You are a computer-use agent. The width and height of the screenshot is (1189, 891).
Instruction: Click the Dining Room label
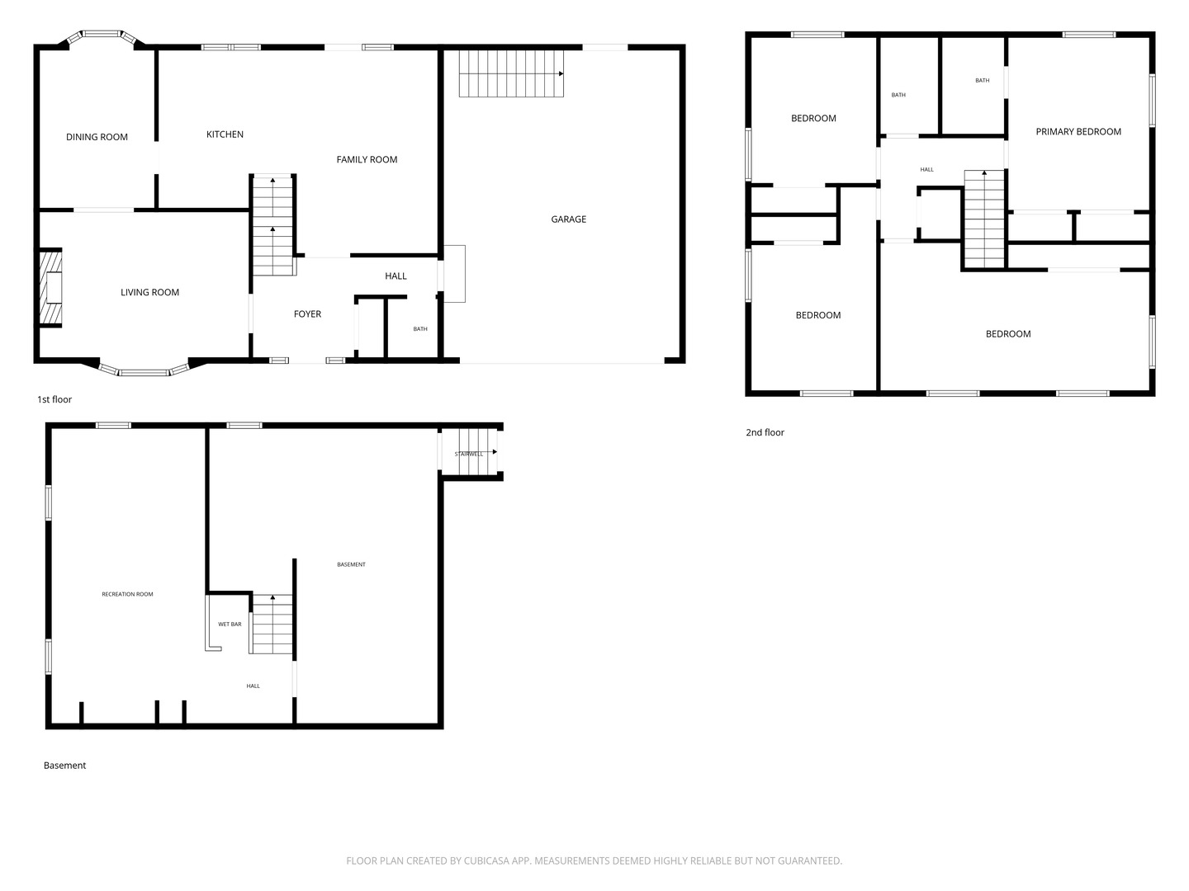[x=97, y=137]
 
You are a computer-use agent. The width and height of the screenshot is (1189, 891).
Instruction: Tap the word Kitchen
[x=225, y=134]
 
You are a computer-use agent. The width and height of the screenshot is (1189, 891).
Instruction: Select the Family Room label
[x=367, y=159]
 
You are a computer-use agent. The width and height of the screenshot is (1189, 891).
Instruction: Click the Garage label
[x=568, y=219]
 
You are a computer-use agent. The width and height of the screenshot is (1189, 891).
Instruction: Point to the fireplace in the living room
[x=51, y=289]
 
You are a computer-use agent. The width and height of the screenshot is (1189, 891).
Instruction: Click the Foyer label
[x=307, y=314]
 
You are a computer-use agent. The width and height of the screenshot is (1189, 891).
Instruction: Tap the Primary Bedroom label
[x=1078, y=132]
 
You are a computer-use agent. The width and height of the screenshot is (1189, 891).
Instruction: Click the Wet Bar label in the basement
[x=230, y=625]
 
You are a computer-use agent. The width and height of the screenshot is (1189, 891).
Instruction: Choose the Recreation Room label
[x=127, y=594]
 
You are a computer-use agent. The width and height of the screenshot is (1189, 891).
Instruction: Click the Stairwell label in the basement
[x=468, y=454]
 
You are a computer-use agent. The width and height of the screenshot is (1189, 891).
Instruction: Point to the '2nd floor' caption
[x=765, y=432]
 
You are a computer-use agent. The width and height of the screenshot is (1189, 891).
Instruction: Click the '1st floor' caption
[x=54, y=399]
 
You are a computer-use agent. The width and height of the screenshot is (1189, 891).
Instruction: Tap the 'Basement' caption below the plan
[x=64, y=766]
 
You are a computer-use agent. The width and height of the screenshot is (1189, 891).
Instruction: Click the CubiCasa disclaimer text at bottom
[x=594, y=860]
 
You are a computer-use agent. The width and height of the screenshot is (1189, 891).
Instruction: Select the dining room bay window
[x=102, y=35]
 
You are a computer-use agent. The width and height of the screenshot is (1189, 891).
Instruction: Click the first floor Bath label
[x=420, y=329]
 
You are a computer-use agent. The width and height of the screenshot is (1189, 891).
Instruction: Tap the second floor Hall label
[x=926, y=170]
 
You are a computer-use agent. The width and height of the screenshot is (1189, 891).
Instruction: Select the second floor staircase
[x=983, y=219]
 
